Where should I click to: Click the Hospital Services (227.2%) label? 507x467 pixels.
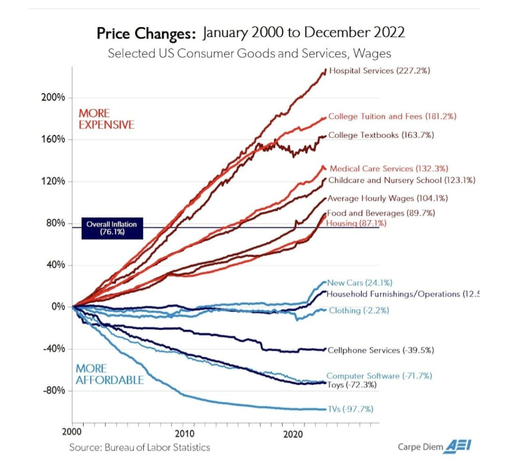(379, 71)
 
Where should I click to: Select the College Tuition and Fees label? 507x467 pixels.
(392, 117)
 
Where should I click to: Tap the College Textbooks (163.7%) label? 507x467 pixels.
(381, 135)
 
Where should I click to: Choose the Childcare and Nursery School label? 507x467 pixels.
(402, 180)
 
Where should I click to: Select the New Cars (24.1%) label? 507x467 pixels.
(360, 283)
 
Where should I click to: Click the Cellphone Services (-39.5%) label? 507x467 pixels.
(381, 350)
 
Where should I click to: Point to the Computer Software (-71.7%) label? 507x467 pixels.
(379, 376)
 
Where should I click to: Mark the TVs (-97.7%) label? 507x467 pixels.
(351, 409)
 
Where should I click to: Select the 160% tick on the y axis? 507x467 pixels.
(55, 139)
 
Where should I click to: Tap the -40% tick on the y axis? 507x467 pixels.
(55, 349)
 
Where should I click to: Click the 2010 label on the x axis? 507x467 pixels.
(184, 431)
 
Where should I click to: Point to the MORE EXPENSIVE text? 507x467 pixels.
(106, 119)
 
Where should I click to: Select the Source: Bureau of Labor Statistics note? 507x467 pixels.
(140, 448)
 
